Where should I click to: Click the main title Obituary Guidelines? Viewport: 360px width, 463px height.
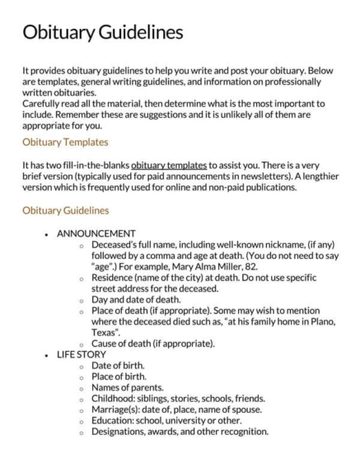tap(102, 32)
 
